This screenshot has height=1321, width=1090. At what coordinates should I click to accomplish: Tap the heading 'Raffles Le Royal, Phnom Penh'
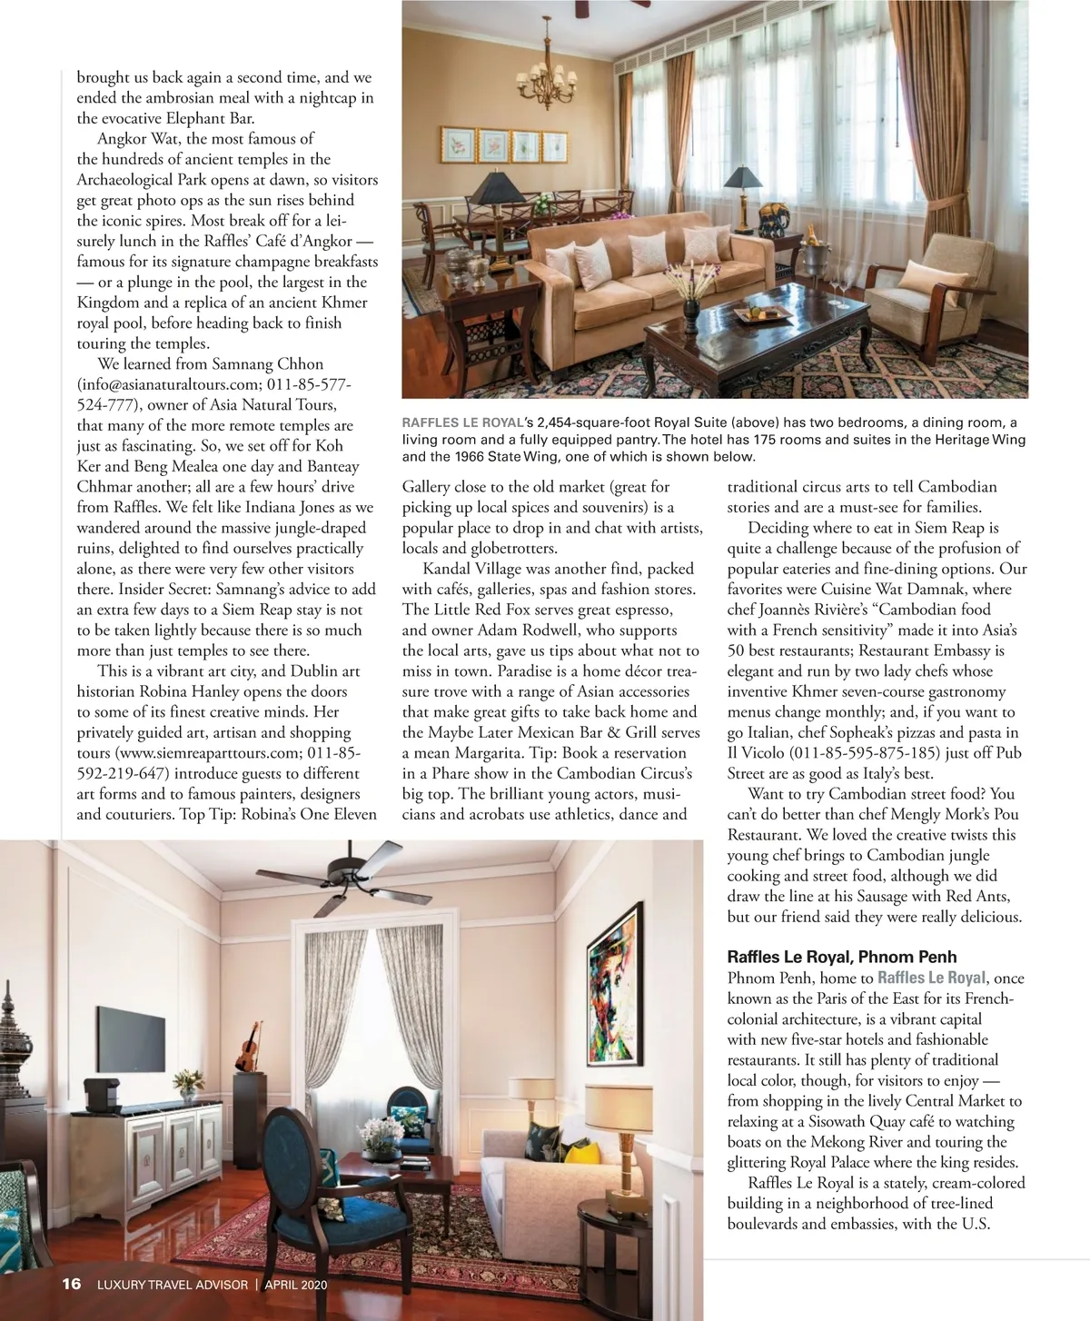coord(841,957)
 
